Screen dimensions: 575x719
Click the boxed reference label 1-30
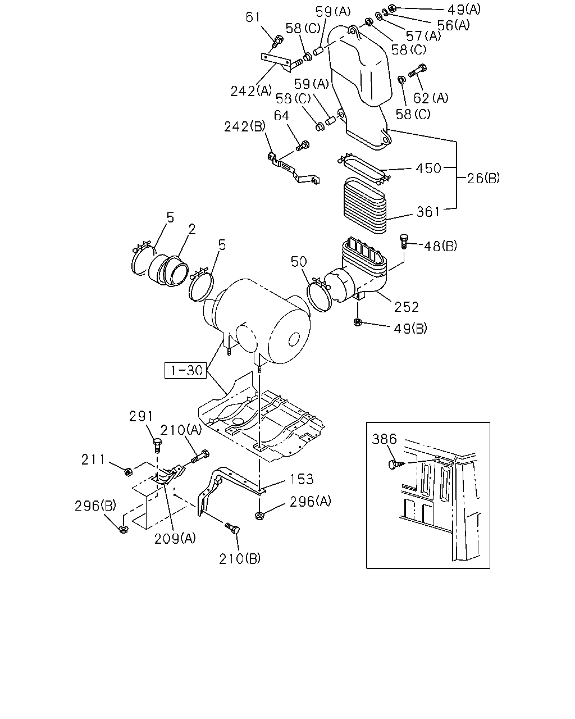click(186, 370)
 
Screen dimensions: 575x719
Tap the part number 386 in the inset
click(384, 439)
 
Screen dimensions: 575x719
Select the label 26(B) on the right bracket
click(483, 178)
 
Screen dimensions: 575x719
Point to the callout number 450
click(428, 168)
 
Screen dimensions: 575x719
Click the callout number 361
click(428, 212)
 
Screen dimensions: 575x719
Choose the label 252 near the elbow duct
click(407, 307)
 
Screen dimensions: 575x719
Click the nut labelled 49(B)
click(357, 322)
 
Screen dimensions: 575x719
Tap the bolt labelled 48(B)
click(404, 241)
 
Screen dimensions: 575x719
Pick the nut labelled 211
click(127, 472)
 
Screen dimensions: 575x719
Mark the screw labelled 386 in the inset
click(396, 465)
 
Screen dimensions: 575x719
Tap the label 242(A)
click(251, 90)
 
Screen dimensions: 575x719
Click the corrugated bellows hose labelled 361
click(365, 204)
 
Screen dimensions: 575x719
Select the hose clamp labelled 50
click(320, 294)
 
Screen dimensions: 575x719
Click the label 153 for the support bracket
click(302, 479)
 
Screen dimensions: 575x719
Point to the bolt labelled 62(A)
click(417, 71)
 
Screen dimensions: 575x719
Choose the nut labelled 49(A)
click(393, 7)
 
